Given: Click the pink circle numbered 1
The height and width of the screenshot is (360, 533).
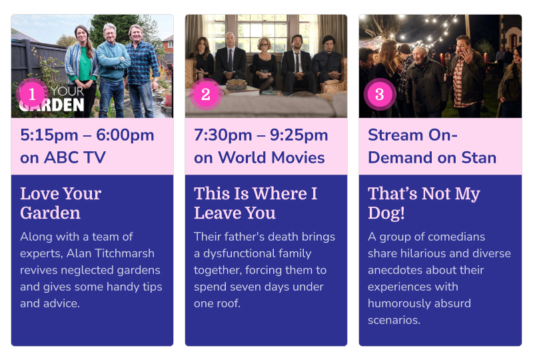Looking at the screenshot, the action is (32, 94).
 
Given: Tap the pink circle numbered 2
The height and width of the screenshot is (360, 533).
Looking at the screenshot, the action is (206, 94).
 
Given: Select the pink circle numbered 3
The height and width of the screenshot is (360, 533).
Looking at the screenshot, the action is (380, 94).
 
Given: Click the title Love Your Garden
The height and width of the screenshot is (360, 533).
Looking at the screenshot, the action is (61, 203).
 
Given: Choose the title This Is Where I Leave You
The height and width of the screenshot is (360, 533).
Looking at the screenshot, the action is (256, 203).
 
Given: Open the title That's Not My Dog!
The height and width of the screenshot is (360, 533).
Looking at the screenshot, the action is (424, 203).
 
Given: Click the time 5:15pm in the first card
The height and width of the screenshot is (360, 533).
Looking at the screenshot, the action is (49, 135).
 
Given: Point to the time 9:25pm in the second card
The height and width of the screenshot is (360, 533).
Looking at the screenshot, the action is (298, 135).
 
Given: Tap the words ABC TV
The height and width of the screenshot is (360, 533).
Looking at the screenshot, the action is (75, 157).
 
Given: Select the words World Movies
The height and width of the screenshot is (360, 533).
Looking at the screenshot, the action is (271, 157).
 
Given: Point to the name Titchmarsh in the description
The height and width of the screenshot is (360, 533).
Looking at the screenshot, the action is (125, 253).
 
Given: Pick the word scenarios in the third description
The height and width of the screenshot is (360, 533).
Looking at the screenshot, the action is (394, 320).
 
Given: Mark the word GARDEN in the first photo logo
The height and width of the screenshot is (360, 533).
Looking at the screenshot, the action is (52, 105).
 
